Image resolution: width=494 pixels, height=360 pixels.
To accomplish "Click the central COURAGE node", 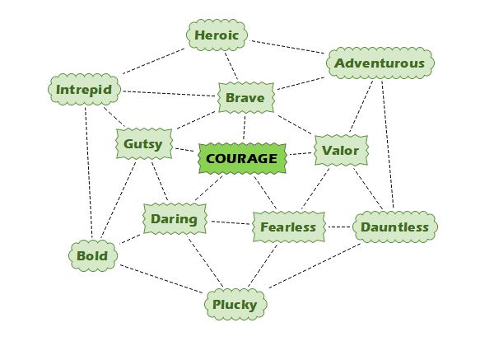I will [242, 157].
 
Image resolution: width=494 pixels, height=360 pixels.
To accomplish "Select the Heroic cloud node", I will [217, 35].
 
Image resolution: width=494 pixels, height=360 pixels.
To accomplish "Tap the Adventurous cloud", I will [380, 63].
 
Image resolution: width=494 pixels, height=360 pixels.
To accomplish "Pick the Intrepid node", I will [84, 90].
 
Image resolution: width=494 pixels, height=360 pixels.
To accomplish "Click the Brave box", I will [245, 99].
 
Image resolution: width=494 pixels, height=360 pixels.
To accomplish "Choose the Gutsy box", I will [143, 144].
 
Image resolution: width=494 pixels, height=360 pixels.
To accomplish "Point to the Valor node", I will [340, 151].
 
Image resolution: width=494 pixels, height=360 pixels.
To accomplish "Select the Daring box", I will [174, 219].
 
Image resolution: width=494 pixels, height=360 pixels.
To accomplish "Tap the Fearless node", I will [288, 227].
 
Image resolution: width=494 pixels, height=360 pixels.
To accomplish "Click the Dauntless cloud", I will [394, 227].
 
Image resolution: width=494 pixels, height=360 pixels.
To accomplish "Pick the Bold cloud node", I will [91, 255].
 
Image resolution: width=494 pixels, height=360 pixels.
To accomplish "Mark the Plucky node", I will [235, 305].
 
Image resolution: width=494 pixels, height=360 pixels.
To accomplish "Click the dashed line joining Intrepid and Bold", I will [88, 173].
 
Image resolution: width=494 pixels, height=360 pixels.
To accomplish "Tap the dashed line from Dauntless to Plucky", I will [318, 265].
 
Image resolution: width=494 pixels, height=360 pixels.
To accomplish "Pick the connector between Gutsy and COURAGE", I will [185, 151].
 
